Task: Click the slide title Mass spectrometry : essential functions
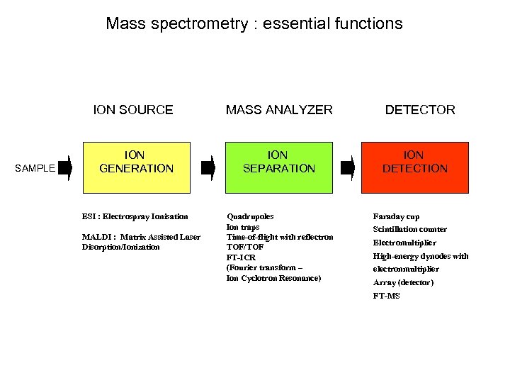click(x=254, y=23)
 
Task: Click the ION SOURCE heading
click(x=133, y=110)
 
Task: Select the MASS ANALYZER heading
click(x=279, y=110)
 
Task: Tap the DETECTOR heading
click(x=420, y=110)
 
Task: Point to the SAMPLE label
click(x=35, y=169)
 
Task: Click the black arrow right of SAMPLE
click(x=66, y=168)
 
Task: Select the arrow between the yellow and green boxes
click(x=208, y=168)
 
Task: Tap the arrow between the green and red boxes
click(x=347, y=168)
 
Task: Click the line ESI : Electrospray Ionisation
click(x=135, y=216)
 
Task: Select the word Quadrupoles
click(x=250, y=216)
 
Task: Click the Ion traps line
click(x=243, y=227)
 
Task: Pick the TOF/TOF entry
click(x=246, y=248)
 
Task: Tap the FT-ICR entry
click(x=242, y=257)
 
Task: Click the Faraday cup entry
click(x=397, y=216)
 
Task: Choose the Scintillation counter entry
click(x=410, y=229)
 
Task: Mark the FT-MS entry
click(x=387, y=296)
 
